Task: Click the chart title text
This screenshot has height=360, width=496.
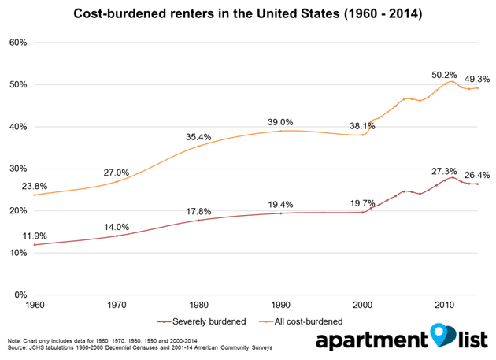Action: [x=248, y=13]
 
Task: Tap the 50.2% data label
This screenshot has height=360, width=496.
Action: [x=444, y=75]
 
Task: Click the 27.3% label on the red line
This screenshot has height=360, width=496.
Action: [x=444, y=171]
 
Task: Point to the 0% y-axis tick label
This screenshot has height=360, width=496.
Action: [x=22, y=295]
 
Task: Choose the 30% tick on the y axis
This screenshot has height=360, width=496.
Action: [x=19, y=169]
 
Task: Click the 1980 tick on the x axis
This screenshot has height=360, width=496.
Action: [x=198, y=304]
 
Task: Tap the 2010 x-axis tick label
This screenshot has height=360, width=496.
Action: [x=444, y=304]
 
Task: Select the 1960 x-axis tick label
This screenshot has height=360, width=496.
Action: [x=35, y=304]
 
